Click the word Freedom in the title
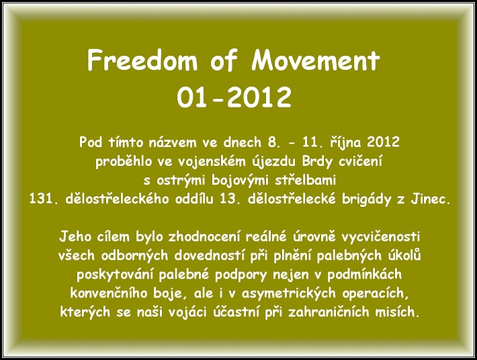[x=142, y=60]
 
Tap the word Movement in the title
[x=316, y=60]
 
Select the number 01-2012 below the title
[x=234, y=97]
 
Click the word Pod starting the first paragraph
[x=90, y=142]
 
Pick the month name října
[x=346, y=142]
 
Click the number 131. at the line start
[x=43, y=199]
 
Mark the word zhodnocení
[x=204, y=236]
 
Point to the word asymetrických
[x=288, y=294]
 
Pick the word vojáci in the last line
[x=185, y=312]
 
